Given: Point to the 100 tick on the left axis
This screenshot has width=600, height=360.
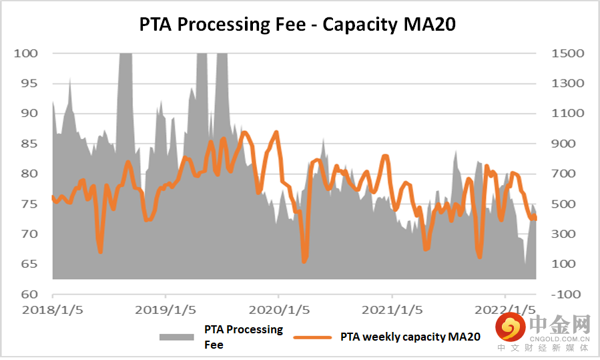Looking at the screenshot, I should coord(26,53).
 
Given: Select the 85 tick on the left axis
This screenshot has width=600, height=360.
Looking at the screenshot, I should coord(29,144).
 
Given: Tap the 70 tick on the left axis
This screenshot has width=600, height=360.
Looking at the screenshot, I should coord(29,234).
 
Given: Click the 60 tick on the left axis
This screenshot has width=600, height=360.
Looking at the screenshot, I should coord(29,294).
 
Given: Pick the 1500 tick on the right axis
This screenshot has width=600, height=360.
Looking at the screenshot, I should coord(568,53).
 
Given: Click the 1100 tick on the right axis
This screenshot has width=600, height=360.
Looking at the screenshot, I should coord(568,114).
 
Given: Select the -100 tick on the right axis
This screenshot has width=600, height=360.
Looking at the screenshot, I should coord(565,294).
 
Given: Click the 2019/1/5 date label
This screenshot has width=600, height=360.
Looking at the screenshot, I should coord(166,311).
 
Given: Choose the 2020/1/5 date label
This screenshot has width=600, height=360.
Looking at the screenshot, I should coord(279,311).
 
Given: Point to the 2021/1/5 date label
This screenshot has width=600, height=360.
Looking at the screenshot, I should coord(392,311).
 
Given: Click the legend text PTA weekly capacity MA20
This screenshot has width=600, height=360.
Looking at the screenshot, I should coord(410,337).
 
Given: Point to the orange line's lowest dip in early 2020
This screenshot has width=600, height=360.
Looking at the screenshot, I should coord(304,261).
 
